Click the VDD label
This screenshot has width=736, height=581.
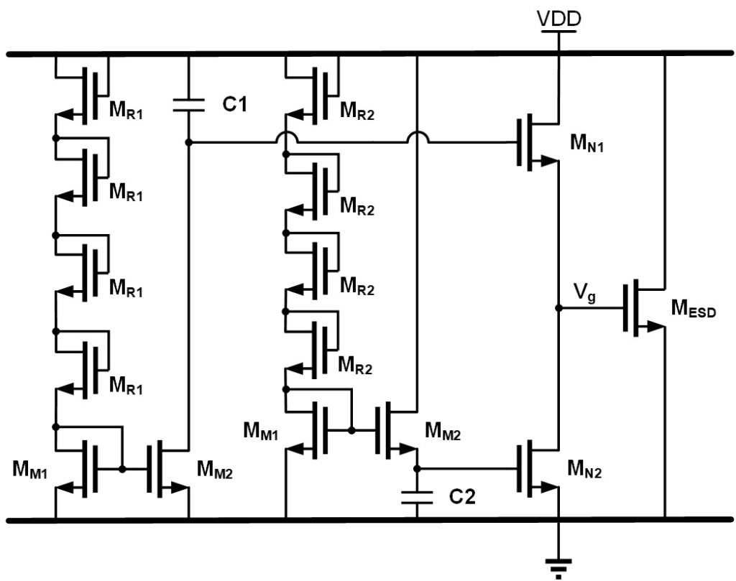coord(558,21)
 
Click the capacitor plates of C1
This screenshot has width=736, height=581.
coord(188,106)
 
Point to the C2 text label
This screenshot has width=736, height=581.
coord(459,496)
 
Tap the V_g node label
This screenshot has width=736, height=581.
coord(584,293)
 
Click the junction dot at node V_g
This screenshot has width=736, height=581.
coord(558,308)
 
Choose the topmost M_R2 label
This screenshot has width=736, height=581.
coord(357,113)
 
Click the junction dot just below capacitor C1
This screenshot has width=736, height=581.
coord(188,142)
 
